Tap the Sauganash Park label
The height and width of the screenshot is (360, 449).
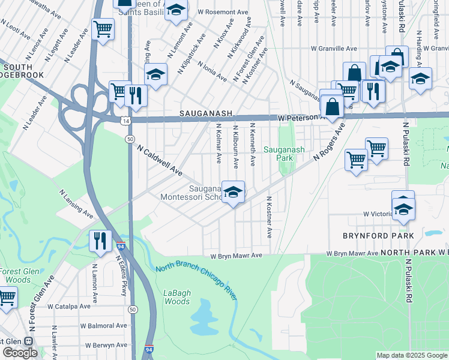(285, 154)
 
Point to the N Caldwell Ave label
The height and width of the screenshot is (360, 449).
(159, 160)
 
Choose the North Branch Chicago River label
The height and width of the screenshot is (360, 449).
(196, 274)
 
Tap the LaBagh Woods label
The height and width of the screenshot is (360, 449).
(176, 298)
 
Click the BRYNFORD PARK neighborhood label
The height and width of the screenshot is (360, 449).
(378, 236)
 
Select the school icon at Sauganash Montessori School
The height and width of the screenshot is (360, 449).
(233, 192)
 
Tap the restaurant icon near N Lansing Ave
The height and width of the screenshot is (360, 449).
(100, 241)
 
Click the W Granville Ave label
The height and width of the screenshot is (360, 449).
(334, 49)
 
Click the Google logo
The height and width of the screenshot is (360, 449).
(20, 353)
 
